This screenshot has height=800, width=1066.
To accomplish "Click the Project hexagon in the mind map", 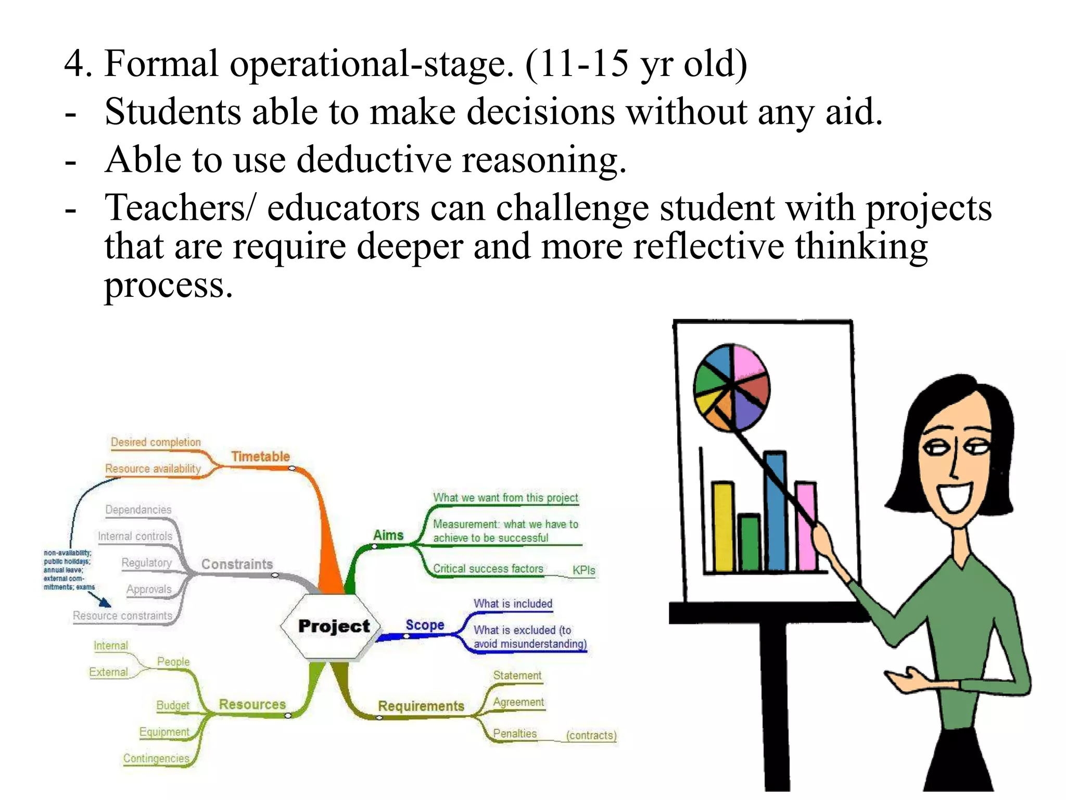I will click(333, 627).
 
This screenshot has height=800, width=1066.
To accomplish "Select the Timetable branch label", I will click(260, 457).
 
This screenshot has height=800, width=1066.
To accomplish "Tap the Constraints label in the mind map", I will click(237, 564).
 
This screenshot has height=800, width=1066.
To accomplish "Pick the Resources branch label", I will click(252, 705).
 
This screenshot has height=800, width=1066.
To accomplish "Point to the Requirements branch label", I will click(421, 706).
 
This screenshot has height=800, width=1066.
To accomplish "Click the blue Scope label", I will click(425, 625).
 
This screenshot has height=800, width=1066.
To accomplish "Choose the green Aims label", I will click(388, 535).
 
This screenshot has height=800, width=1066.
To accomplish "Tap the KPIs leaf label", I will click(583, 570).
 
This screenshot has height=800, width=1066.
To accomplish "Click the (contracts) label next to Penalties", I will click(591, 735).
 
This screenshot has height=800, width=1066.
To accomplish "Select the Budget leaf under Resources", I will click(173, 706).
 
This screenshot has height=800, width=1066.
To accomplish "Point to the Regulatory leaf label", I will click(146, 563).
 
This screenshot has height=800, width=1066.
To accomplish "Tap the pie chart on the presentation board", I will click(731, 387).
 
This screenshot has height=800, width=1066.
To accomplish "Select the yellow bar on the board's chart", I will click(723, 526).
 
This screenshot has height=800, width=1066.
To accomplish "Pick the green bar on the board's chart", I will click(750, 543).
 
